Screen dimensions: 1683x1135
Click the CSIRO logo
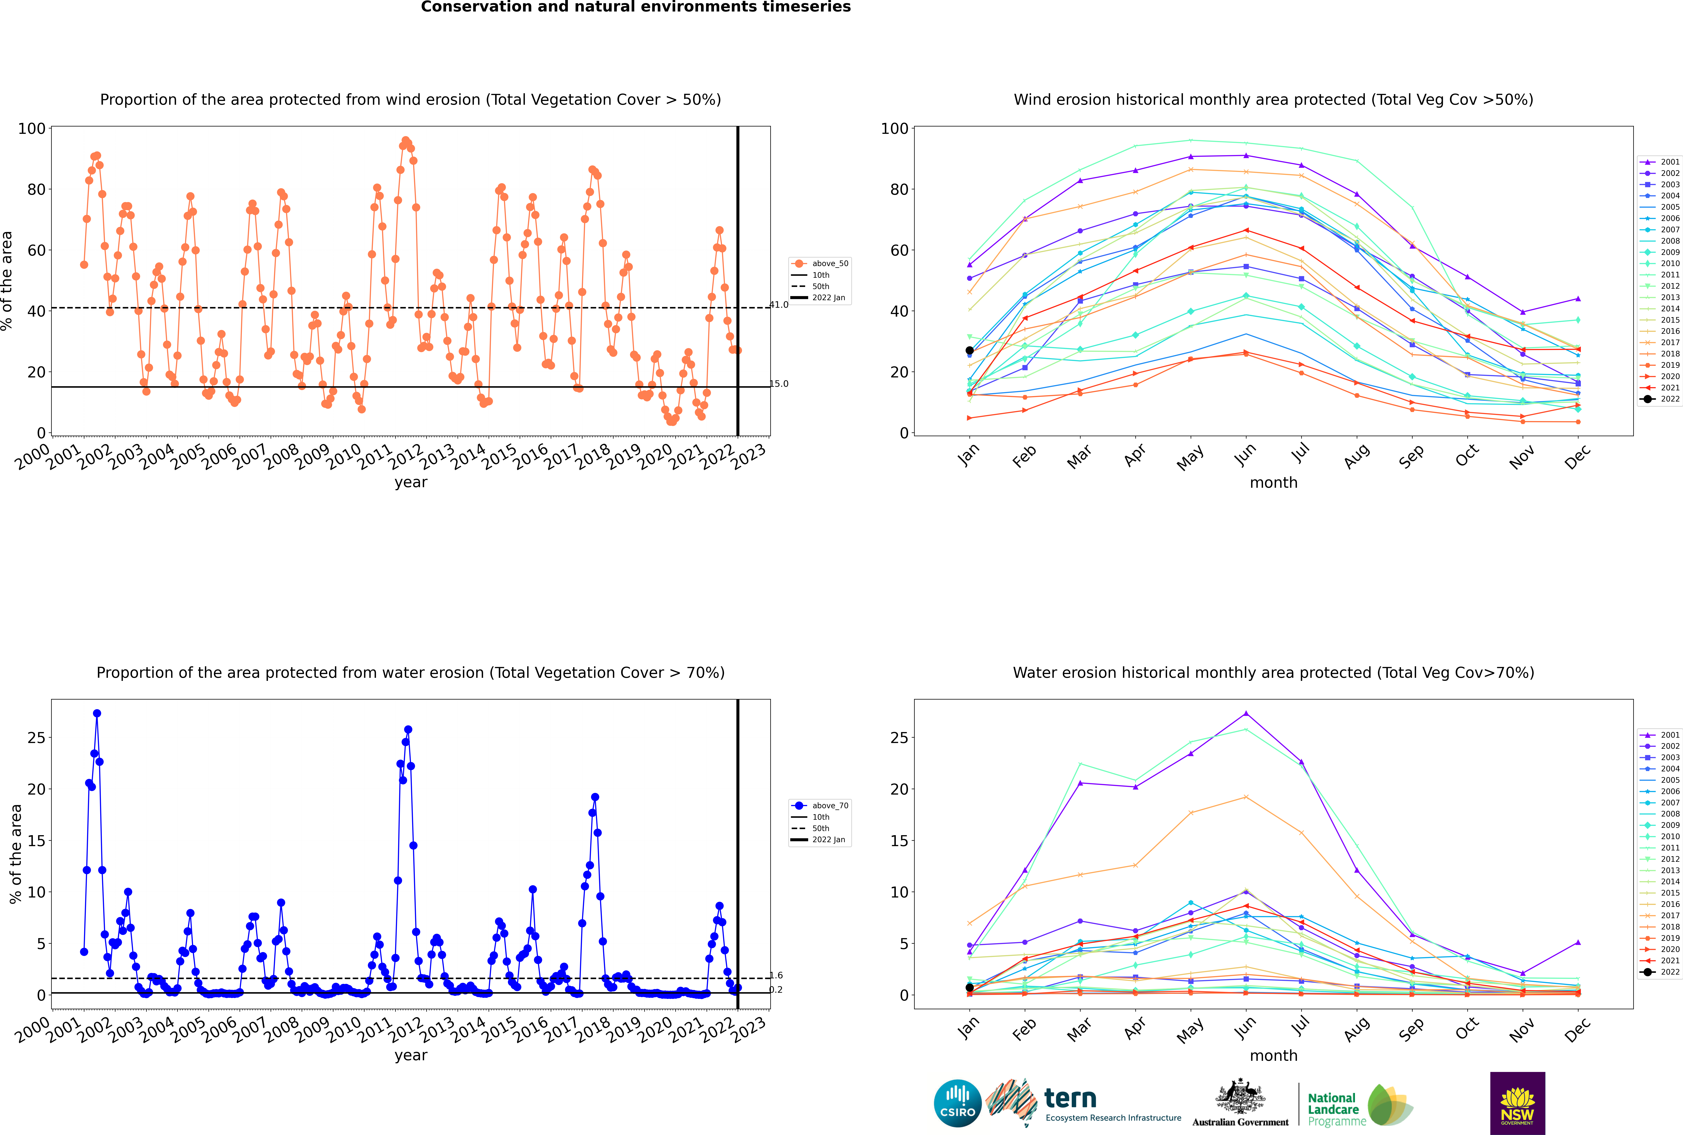[957, 1103]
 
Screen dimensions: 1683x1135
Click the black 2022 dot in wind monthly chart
[970, 350]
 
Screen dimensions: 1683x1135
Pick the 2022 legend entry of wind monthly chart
[1661, 399]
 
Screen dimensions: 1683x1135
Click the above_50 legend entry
[820, 264]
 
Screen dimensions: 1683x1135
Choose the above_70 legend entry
[820, 806]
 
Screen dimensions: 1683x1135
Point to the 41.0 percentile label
[779, 305]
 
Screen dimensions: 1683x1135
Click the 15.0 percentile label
[779, 384]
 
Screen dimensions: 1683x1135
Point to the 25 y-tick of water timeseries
[36, 738]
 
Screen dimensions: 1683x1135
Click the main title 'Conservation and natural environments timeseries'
[636, 7]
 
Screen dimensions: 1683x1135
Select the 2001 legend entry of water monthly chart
[1661, 735]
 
